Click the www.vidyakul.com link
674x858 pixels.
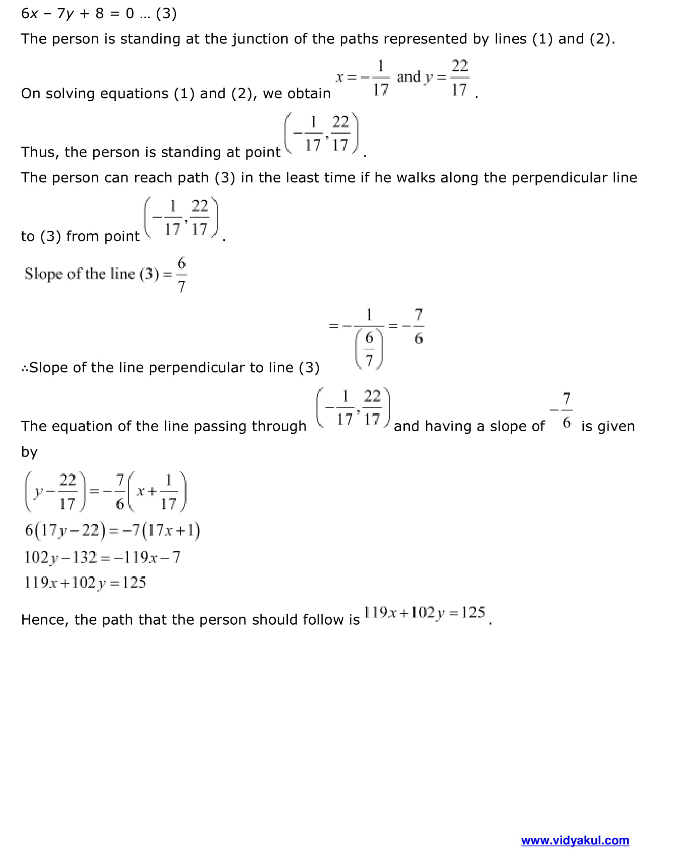(575, 840)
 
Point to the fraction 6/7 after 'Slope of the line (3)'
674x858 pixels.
(181, 275)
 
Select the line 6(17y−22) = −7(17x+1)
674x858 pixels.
(112, 530)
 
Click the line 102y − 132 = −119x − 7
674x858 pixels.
(102, 557)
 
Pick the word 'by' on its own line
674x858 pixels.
(29, 452)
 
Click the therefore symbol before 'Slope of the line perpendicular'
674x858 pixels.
(25, 368)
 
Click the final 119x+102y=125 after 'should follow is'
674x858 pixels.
(424, 613)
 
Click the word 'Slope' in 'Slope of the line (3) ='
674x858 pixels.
(43, 274)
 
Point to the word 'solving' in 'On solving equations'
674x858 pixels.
(70, 94)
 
